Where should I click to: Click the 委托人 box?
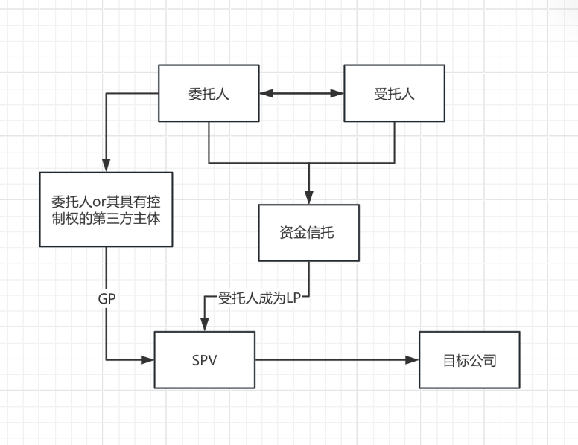209,93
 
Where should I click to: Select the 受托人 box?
394,93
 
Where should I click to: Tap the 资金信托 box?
308,232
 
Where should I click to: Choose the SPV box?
204,360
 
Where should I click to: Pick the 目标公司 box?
469,360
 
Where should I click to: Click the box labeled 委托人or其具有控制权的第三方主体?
106,209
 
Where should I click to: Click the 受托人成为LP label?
258,298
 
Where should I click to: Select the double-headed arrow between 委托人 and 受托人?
301,93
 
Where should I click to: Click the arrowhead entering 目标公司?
413,360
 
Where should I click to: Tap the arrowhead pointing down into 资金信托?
308,197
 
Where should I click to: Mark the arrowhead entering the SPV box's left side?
147,360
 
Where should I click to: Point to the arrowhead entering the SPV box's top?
204,326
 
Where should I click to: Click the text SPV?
204,360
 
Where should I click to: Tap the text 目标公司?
469,360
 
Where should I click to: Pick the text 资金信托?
308,232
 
